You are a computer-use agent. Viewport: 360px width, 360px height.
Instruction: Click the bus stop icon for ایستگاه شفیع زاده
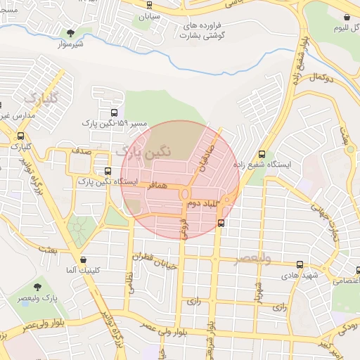pos(262,154)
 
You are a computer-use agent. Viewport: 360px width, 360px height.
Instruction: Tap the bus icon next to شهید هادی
pos(300,265)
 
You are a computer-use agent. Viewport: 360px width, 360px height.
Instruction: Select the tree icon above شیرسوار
pos(70,32)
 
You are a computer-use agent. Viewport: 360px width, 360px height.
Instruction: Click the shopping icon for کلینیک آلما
pos(84,259)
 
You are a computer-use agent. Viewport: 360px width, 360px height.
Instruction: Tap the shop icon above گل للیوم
pos(347,18)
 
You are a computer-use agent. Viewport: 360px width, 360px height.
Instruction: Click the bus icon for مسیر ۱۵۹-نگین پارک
pos(115,112)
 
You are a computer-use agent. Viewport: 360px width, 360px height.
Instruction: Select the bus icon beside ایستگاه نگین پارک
pos(108,171)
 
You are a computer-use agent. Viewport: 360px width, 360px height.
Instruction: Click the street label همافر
pos(158,186)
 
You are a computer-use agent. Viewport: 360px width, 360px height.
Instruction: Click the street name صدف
pos(82,151)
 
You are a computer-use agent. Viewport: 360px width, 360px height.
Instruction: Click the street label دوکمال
pos(319,76)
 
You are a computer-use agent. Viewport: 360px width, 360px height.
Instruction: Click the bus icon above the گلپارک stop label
pos(20,136)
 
